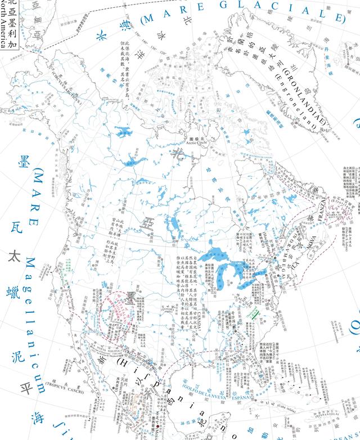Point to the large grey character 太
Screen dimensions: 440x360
[12, 257]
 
